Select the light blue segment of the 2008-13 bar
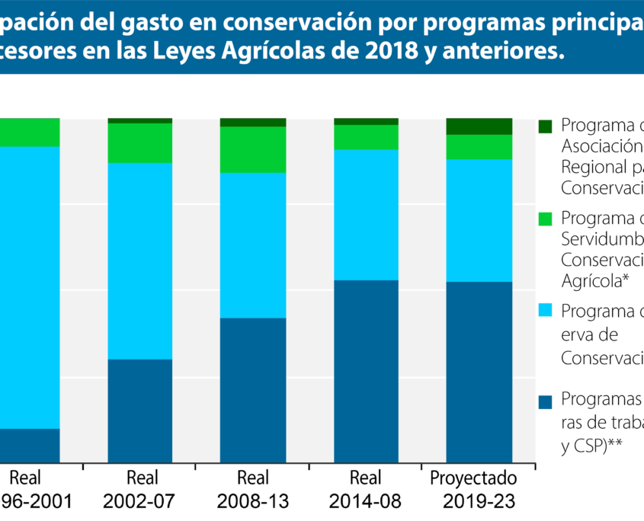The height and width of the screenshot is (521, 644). pyautogui.click(x=252, y=245)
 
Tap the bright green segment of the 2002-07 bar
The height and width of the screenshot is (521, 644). pyautogui.click(x=139, y=142)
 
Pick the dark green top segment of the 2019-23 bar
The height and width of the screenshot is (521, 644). pyautogui.click(x=479, y=126)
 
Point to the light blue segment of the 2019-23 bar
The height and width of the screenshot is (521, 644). pyautogui.click(x=479, y=220)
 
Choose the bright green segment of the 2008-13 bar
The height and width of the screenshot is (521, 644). pyautogui.click(x=252, y=149)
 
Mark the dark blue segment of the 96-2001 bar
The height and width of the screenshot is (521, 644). pyautogui.click(x=30, y=445)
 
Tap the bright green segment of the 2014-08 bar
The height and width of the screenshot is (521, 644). pyautogui.click(x=366, y=137)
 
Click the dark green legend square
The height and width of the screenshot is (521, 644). pyautogui.click(x=544, y=126)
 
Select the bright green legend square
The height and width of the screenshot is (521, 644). pyautogui.click(x=544, y=219)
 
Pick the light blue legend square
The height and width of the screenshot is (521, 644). pyautogui.click(x=544, y=311)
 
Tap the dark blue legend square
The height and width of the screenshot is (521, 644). pyautogui.click(x=544, y=401)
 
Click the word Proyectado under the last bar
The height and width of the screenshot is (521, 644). pyautogui.click(x=473, y=478)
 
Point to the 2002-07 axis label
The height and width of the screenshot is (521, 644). pyautogui.click(x=142, y=502)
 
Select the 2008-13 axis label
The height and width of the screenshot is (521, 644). pyautogui.click(x=252, y=502)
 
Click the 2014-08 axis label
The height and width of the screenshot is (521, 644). pyautogui.click(x=366, y=502)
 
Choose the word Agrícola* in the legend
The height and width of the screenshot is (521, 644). pyautogui.click(x=594, y=280)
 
